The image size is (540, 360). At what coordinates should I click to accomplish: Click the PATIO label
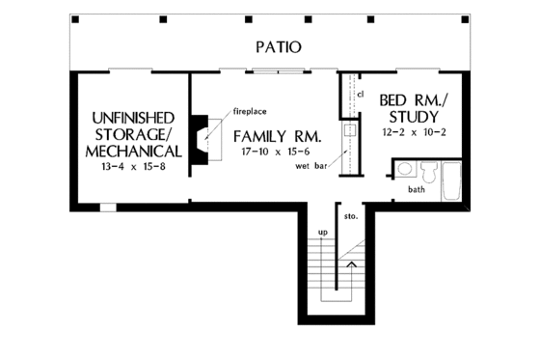279,45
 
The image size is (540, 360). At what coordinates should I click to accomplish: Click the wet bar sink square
350,129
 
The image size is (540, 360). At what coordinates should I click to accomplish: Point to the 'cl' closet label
360,94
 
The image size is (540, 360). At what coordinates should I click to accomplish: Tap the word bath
416,190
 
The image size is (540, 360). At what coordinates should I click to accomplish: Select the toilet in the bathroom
428,174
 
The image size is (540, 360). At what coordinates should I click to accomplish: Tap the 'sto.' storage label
351,216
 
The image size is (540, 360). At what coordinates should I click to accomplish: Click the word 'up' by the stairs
324,234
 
